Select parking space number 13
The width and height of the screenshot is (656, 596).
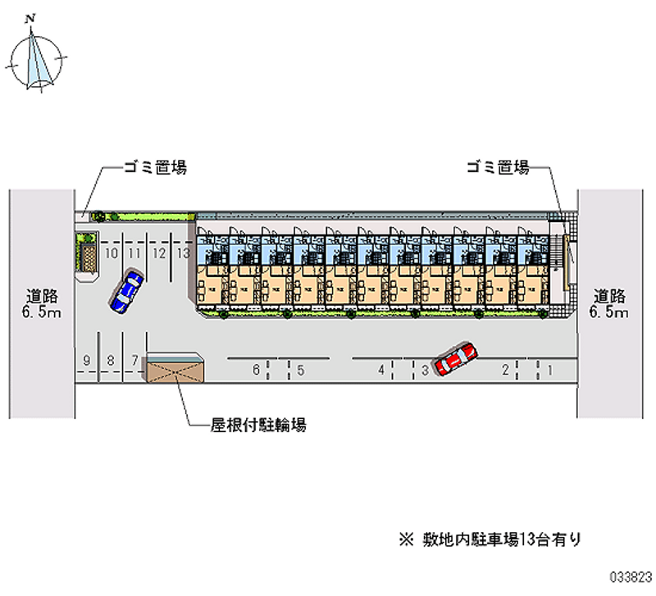183,253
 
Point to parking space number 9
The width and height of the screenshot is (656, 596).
86,360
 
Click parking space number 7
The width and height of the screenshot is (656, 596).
134,360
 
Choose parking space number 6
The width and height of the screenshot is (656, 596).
256,370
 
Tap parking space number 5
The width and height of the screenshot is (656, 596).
301,370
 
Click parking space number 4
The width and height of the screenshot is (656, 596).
381,370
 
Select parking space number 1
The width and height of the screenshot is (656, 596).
549,370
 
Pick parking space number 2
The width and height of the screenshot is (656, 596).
506,370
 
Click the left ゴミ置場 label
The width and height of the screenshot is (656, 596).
155,167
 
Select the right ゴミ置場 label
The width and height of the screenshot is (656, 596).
497,167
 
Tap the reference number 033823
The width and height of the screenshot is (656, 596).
628,577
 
